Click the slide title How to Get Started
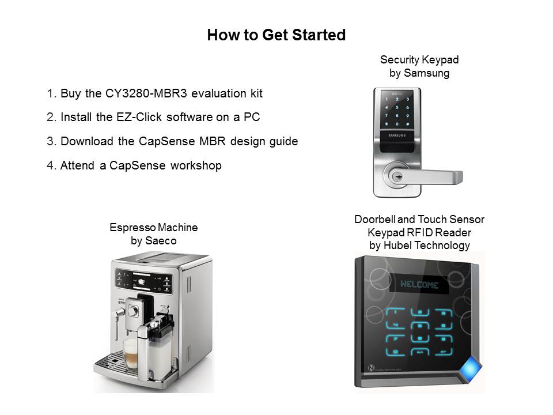click(x=276, y=35)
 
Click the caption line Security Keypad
click(x=419, y=59)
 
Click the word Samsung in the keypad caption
click(x=427, y=73)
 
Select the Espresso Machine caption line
click(x=153, y=227)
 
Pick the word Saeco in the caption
click(x=163, y=241)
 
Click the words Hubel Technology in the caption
click(x=427, y=246)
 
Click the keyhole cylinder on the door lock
click(x=397, y=176)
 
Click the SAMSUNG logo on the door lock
click(x=397, y=135)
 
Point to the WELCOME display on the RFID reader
click(x=419, y=284)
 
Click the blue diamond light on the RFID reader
click(x=470, y=369)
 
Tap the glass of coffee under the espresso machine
click(x=131, y=353)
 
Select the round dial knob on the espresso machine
click(x=133, y=311)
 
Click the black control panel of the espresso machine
click(x=143, y=281)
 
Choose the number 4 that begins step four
click(x=50, y=165)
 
